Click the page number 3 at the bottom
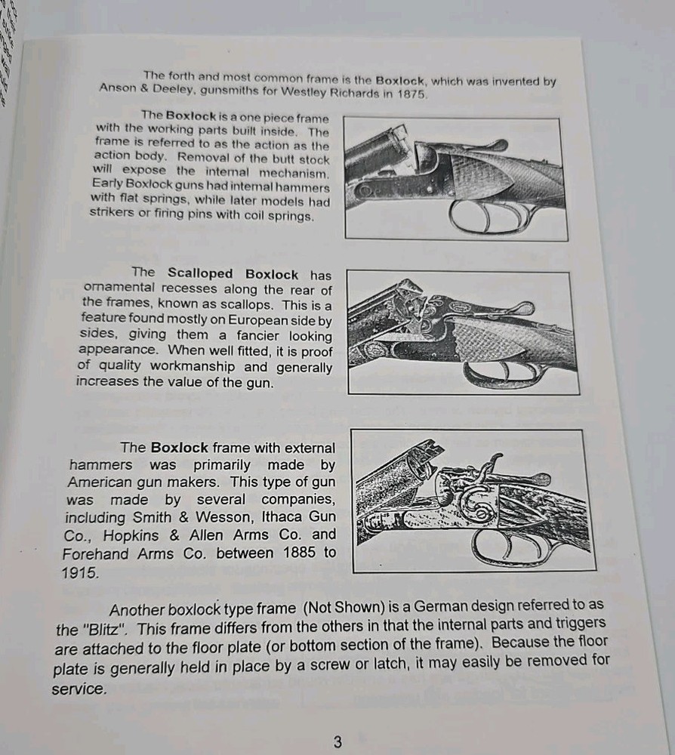(337, 741)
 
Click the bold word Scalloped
(200, 273)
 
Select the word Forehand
(94, 553)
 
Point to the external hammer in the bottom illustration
(492, 464)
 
